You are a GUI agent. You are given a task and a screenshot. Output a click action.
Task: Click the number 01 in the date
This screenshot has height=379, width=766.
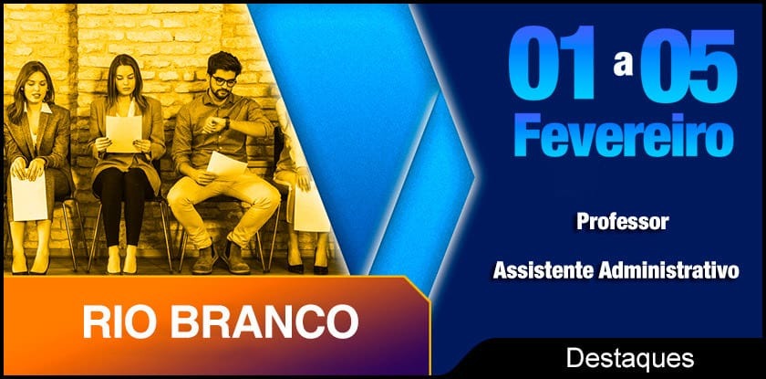point(552,63)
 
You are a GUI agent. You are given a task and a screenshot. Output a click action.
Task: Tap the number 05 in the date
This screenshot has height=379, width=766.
point(688,64)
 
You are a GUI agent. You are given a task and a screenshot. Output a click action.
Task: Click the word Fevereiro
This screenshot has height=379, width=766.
point(623,134)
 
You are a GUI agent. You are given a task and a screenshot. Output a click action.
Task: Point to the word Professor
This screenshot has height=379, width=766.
point(622,222)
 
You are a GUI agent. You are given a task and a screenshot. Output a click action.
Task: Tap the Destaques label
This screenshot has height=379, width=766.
point(630,359)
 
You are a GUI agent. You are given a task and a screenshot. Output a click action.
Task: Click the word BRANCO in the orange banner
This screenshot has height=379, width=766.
point(264,321)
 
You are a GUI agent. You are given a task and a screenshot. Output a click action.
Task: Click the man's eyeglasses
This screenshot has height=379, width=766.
point(223,80)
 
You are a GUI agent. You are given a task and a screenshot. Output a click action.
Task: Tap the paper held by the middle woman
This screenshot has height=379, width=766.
point(124,133)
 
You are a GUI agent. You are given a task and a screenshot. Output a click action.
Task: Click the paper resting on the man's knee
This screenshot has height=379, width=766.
point(226,164)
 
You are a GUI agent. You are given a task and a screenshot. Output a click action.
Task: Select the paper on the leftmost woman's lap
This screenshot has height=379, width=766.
point(29,195)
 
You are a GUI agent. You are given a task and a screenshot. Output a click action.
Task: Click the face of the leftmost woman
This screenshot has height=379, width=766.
point(36,86)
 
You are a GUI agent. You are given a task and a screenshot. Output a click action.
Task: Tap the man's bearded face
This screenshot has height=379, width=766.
point(223,84)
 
